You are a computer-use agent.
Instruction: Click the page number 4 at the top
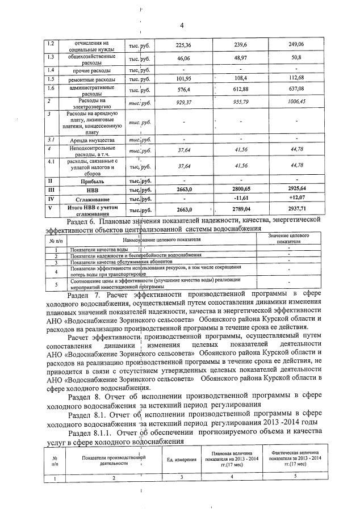coord(181,25)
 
